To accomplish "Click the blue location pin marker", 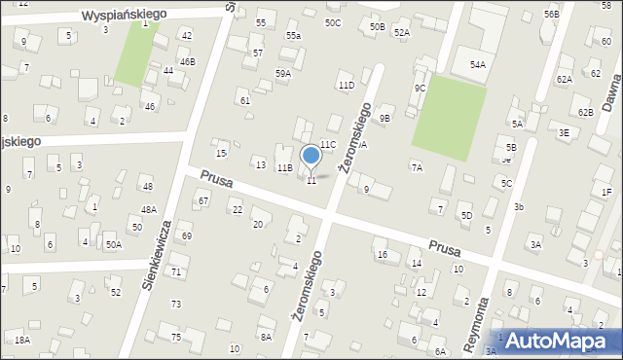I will coord(311,156).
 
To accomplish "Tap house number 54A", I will coord(477,65).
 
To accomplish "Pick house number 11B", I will coord(284,168).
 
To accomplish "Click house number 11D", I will coord(346,86).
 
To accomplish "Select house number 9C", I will coord(420,89).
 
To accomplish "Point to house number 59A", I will coord(282,73).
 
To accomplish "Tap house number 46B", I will coord(187,61).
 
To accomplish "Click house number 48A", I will coord(148,209).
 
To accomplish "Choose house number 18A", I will coord(21,340).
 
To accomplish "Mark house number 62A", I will coord(565,79).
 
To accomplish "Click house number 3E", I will coord(564,132).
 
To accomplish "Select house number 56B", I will coord(552,15).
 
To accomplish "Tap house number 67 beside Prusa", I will coord(203,201).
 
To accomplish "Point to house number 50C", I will coord(333,22).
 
